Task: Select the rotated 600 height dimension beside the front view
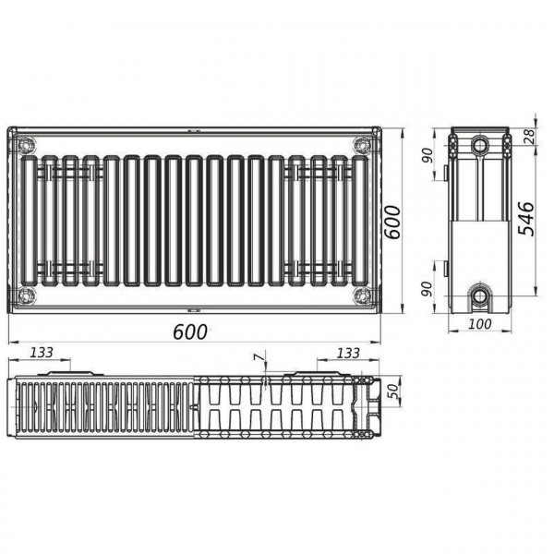392,222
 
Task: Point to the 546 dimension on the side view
524,218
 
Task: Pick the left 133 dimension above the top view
42,353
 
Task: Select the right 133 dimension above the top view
348,353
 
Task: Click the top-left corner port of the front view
25,145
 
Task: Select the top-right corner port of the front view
362,145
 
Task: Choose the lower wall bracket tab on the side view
446,269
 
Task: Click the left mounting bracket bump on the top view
55,374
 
